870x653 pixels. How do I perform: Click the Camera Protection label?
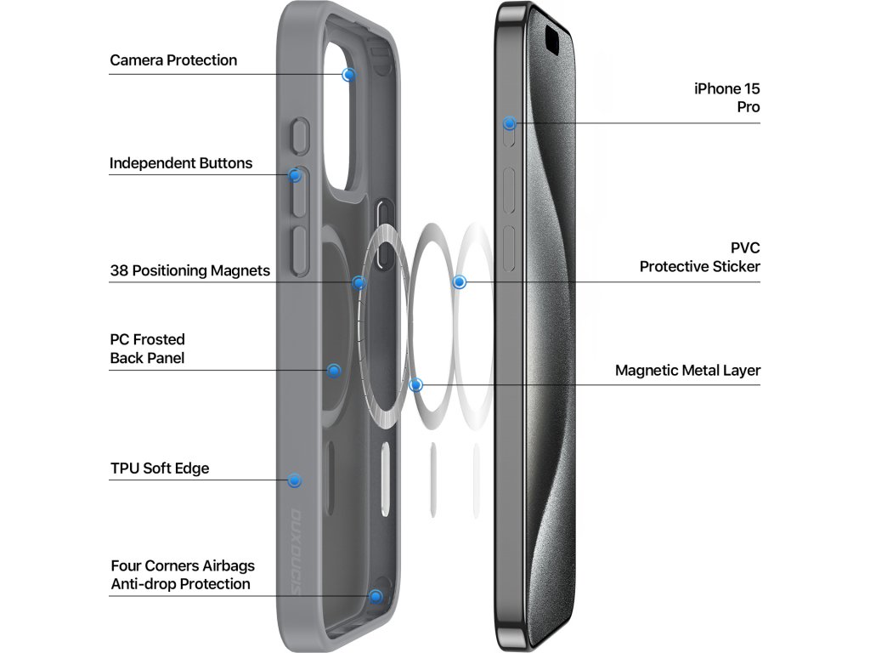(173, 60)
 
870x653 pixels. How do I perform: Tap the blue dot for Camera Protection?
(348, 75)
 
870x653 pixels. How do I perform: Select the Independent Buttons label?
(181, 163)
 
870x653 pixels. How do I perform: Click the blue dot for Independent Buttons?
(295, 176)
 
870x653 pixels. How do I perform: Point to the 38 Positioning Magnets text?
(189, 271)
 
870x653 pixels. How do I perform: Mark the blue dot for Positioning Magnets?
(359, 282)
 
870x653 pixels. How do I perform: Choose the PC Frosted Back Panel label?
(147, 349)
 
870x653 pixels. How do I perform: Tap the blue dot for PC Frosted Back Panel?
(334, 371)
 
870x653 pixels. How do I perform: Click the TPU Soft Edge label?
(160, 468)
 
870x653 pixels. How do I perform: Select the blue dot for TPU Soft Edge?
(295, 480)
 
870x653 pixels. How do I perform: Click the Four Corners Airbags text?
(182, 565)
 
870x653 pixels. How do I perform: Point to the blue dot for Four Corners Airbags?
(376, 596)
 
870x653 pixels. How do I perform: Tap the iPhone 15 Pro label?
(727, 98)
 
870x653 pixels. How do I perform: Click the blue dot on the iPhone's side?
(509, 123)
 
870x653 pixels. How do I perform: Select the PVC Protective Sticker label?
(700, 257)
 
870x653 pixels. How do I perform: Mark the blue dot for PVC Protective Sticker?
(460, 281)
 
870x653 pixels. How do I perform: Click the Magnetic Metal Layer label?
(687, 371)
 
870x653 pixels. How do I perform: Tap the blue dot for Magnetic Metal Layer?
(415, 384)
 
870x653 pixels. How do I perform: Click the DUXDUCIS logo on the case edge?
(297, 544)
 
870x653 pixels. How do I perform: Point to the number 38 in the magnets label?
(118, 271)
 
